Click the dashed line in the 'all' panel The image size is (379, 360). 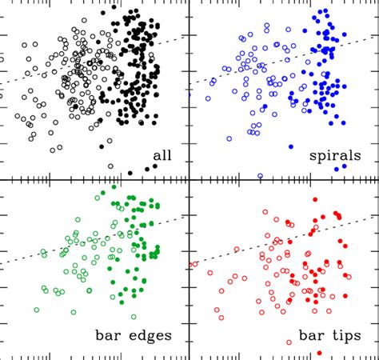48,68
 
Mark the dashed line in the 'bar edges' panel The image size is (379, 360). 48,250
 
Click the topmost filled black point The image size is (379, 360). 114,7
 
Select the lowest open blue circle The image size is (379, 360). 260,175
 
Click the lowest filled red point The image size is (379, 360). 319,353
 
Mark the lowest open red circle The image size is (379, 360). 285,342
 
